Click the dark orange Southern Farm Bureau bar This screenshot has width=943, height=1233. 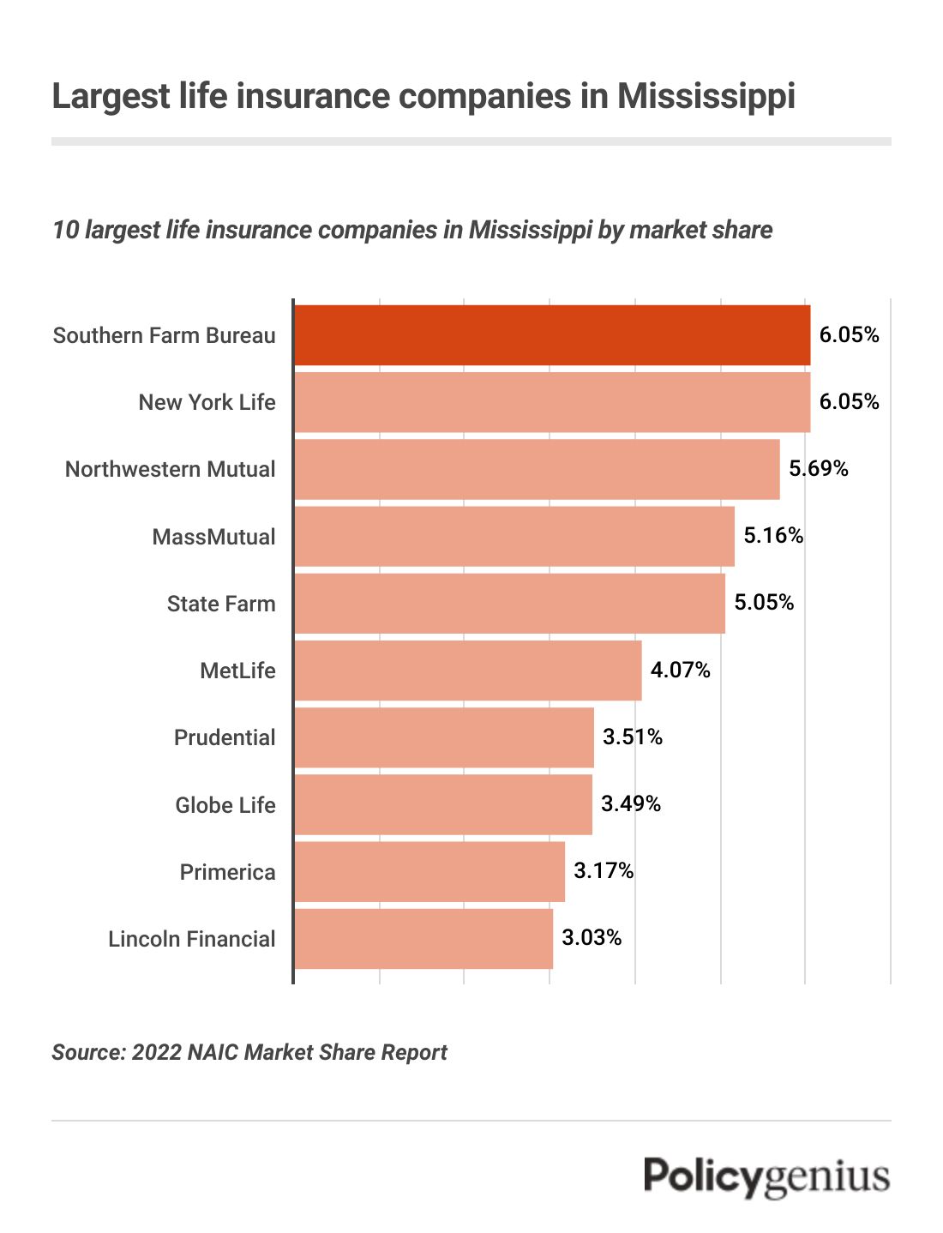click(552, 335)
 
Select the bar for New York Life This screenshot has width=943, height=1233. click(552, 402)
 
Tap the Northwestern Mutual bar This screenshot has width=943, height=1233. click(537, 469)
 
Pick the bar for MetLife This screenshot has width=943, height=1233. click(467, 671)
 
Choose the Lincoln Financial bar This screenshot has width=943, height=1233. click(423, 939)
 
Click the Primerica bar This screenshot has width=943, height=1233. click(429, 872)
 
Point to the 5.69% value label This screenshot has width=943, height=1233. click(818, 468)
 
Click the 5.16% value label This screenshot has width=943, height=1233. click(773, 536)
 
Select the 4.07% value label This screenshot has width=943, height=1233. click(680, 670)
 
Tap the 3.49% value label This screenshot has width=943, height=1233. click(630, 803)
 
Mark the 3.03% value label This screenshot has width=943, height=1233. click(592, 937)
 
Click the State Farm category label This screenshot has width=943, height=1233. click(221, 604)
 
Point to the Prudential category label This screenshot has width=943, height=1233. click(225, 737)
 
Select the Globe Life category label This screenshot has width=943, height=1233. click(225, 805)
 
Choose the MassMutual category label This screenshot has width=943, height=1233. click(213, 537)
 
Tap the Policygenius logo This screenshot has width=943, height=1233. click(766, 1176)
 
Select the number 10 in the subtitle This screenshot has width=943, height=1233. click(65, 230)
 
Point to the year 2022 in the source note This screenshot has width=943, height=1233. click(156, 1052)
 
